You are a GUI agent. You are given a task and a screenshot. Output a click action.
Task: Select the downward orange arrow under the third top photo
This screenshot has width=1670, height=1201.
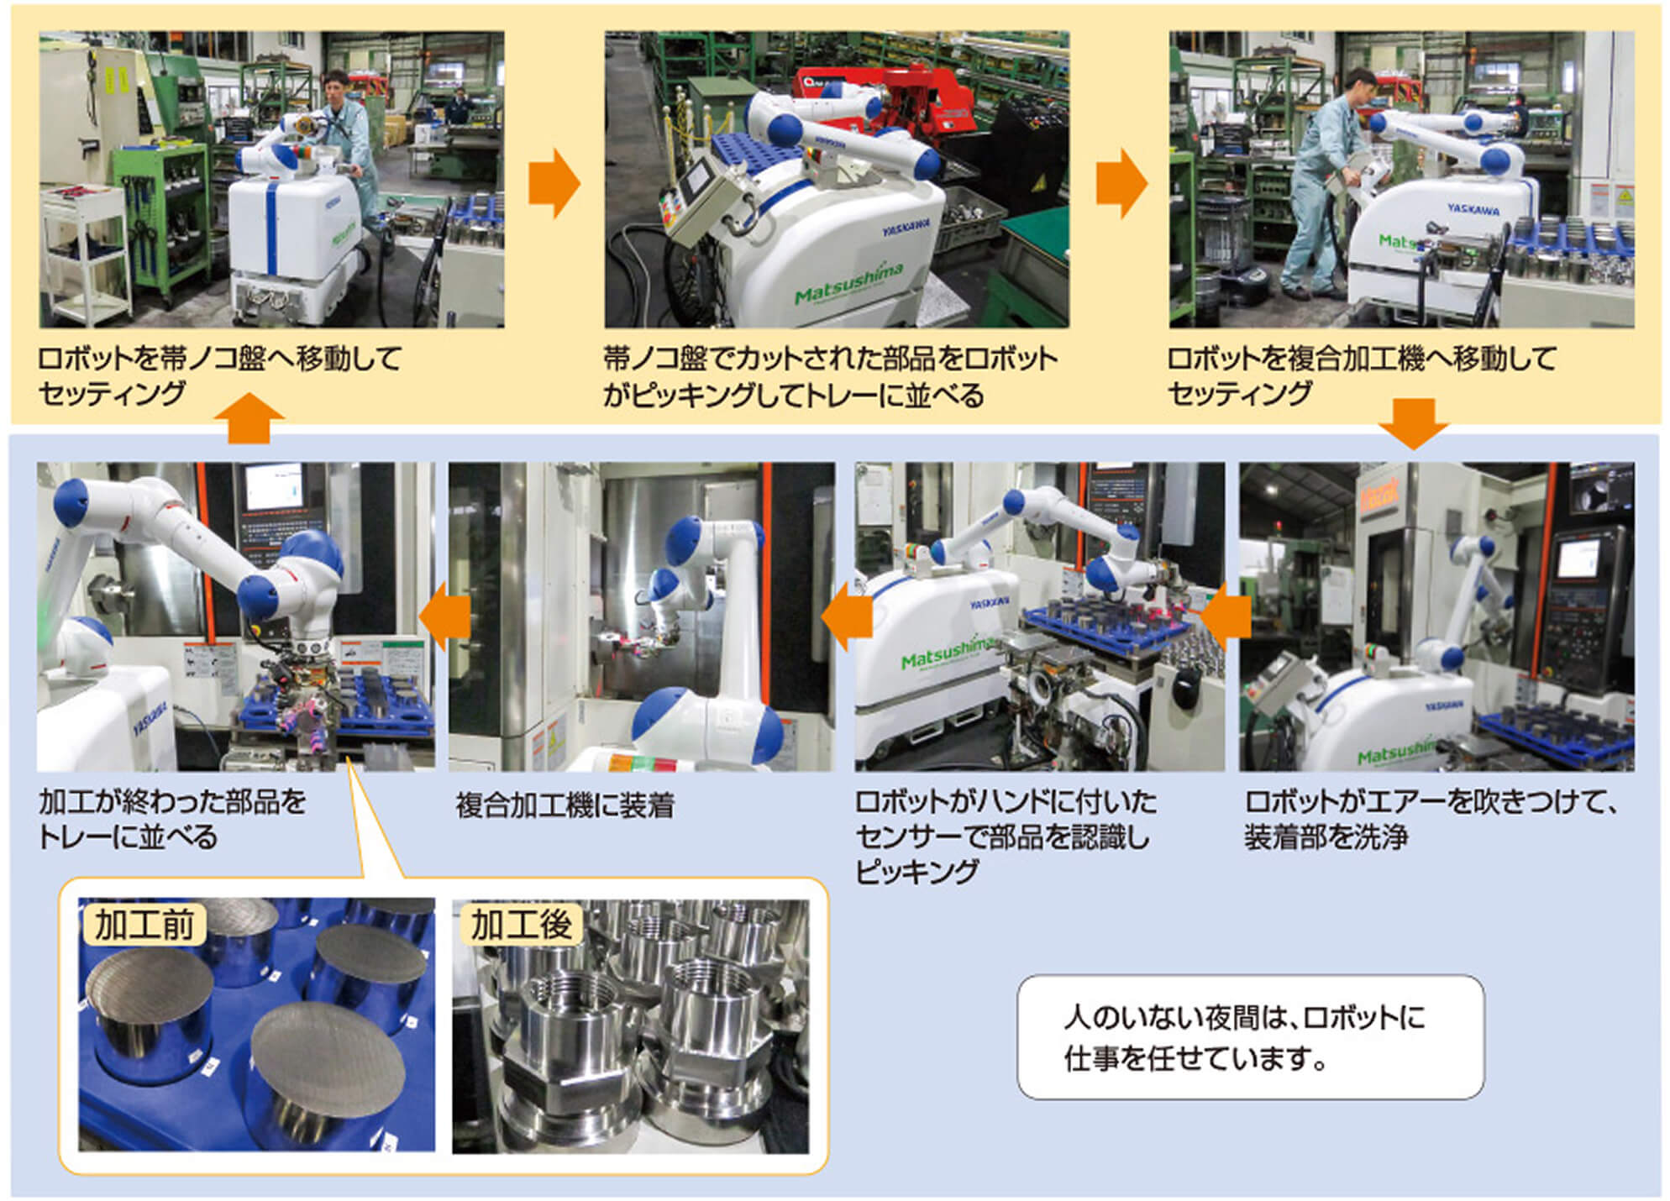pyautogui.click(x=1413, y=424)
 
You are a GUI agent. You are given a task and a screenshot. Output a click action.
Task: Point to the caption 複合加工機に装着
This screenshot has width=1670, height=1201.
pyautogui.click(x=565, y=805)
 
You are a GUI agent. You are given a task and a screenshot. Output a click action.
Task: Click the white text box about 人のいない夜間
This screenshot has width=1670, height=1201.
pyautogui.click(x=1250, y=1037)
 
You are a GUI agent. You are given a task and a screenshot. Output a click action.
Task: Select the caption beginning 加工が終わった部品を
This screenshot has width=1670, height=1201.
pyautogui.click(x=172, y=819)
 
